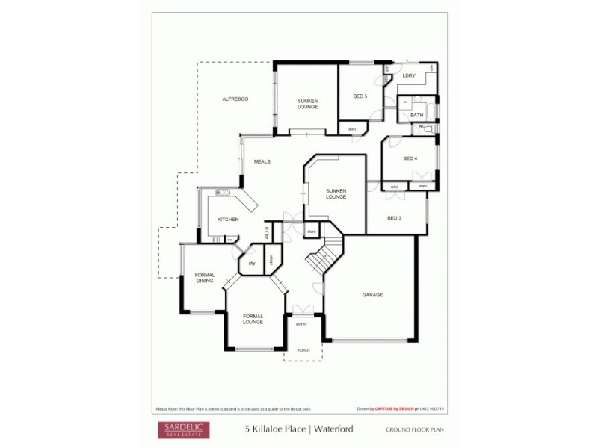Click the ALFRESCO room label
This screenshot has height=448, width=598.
click(235, 99)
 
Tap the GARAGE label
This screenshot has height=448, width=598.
click(372, 295)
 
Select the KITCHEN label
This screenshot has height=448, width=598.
click(228, 220)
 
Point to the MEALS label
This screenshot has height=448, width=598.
click(262, 161)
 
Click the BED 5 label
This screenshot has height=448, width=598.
click(360, 96)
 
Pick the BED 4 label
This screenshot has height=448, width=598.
click(410, 158)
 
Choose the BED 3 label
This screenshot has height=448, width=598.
click(395, 218)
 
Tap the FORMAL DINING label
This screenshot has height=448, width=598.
click(205, 278)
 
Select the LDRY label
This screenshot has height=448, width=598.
click(409, 76)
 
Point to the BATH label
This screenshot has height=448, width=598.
click(416, 115)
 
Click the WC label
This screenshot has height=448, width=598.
click(421, 128)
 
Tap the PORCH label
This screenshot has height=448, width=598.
click(303, 350)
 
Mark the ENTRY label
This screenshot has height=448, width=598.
click(301, 324)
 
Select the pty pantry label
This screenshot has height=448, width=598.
click(252, 264)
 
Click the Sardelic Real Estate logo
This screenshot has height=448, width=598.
click(182, 429)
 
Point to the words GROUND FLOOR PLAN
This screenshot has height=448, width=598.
click(415, 430)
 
